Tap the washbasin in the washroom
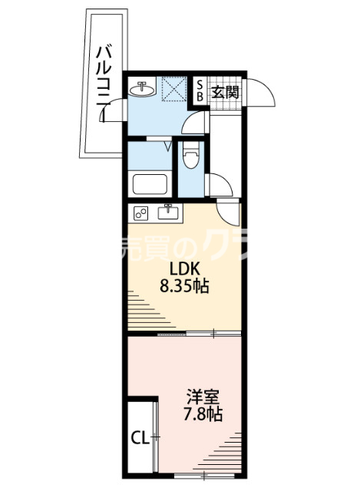point(143,90)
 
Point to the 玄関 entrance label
point(225,92)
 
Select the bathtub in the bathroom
point(150,185)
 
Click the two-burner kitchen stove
point(141,213)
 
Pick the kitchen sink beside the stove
point(168,212)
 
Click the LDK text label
point(183,270)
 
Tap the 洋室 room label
point(203,398)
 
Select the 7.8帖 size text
point(203,415)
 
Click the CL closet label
point(140,438)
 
